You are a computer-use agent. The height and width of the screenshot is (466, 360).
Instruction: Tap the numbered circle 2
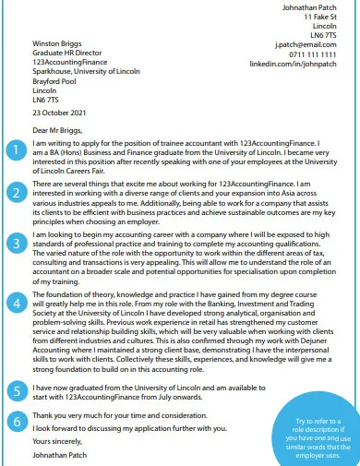coord(14,192)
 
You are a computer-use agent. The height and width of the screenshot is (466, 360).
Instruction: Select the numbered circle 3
coord(14,244)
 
